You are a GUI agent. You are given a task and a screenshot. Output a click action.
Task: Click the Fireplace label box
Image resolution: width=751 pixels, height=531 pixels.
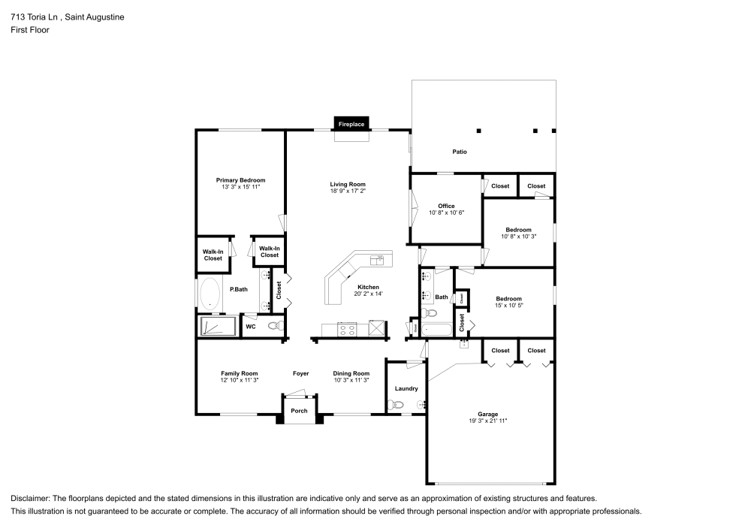point(351,123)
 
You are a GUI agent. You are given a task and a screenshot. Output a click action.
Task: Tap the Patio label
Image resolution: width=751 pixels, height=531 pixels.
point(460,152)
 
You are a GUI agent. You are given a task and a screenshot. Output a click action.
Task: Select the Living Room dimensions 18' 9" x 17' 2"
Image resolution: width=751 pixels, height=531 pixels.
point(348,191)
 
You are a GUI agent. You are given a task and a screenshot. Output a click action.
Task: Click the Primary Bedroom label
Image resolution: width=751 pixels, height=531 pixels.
point(240,180)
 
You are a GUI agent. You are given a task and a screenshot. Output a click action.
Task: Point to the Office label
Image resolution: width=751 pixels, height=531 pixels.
point(447,206)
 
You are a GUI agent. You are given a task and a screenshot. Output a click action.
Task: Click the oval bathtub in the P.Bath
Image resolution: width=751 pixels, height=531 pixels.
point(210,294)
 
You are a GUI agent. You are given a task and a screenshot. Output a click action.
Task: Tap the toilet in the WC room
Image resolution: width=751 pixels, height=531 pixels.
point(275,326)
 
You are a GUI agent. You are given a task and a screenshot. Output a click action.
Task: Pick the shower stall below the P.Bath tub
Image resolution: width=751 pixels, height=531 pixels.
point(217,326)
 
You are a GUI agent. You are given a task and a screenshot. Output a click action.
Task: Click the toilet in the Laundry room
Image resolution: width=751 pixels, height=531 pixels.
point(397,405)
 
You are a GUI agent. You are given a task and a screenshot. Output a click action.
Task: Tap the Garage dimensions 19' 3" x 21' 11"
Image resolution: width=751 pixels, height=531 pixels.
point(488,421)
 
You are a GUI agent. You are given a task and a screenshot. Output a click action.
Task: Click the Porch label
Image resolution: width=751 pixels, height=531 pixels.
point(299,411)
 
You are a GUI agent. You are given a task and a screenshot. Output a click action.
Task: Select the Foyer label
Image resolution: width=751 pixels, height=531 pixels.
point(300,373)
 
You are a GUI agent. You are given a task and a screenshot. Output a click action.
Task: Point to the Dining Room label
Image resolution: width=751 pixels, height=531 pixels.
point(351,373)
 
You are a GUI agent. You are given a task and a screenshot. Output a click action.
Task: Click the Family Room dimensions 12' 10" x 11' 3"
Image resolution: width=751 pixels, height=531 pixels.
point(240,380)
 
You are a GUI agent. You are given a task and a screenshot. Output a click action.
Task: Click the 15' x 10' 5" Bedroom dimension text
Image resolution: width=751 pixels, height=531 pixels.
point(508,305)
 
